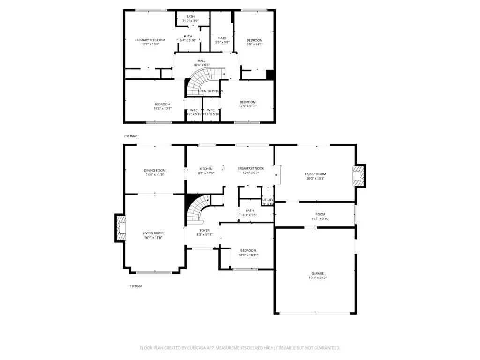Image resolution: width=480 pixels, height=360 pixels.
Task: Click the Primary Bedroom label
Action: click(150, 40)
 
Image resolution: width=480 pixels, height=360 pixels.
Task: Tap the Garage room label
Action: click(317, 273)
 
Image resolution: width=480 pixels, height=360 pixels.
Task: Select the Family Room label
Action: click(315, 174)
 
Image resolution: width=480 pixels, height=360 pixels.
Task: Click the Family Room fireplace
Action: click(358, 175)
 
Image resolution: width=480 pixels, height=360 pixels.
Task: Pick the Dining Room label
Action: click(155, 170)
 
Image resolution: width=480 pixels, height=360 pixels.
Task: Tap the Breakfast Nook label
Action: click(250, 168)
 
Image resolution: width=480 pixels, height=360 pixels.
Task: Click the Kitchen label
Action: click(206, 169)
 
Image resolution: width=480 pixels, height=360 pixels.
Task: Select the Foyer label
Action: click(204, 230)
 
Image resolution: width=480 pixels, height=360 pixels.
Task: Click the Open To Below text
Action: click(210, 91)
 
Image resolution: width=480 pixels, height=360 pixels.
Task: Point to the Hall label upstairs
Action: click(202, 60)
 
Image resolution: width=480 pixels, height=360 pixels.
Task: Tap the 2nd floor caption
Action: click(130, 136)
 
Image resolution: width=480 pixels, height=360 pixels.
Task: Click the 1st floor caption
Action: click(136, 286)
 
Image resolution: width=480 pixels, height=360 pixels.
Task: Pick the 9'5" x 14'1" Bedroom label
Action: click(255, 40)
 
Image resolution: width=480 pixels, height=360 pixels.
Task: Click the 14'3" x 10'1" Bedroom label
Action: click(162, 104)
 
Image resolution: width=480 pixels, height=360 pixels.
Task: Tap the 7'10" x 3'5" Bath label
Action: click(190, 17)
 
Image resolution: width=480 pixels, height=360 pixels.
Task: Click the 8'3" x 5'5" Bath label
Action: click(249, 210)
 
